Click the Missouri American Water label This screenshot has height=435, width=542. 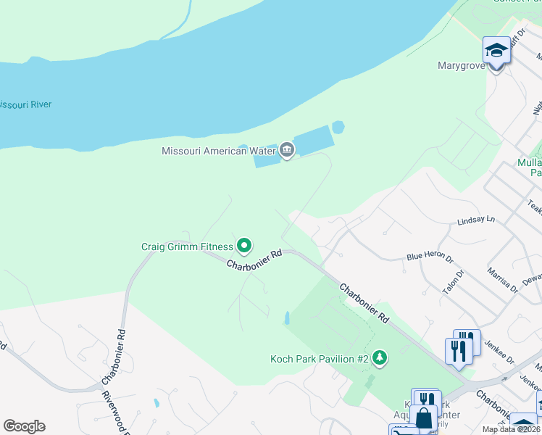218,151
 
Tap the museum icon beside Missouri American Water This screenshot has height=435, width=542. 286,151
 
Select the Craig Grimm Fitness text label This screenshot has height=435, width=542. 187,246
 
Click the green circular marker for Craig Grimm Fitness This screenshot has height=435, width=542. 244,246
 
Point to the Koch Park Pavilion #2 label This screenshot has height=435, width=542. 320,359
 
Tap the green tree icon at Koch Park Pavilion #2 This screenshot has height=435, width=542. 378,358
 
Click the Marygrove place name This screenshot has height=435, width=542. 460,65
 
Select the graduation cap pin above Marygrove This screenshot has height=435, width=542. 496,51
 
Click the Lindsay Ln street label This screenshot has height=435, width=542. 475,219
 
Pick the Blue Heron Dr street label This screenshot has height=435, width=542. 429,257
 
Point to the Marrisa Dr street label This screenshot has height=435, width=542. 503,278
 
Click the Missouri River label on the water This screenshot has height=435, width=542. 25,104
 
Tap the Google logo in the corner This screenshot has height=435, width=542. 24,426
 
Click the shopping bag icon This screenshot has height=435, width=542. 424,418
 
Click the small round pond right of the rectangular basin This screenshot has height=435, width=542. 338,128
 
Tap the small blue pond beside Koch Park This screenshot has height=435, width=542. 288,318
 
